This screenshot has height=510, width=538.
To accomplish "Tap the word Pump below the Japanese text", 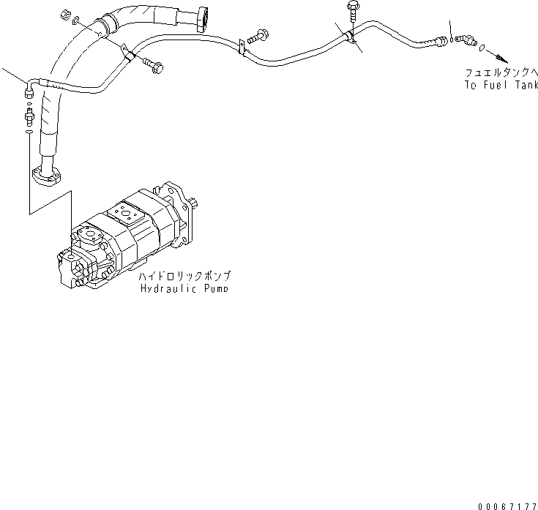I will coord(212,288).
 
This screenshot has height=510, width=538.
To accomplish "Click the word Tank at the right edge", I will coord(526,85).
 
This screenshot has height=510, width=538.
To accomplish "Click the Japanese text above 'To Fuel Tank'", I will coord(501,73).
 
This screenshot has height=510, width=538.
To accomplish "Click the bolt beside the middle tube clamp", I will coord(260,34).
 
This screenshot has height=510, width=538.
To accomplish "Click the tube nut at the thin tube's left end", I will coord(29,89).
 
